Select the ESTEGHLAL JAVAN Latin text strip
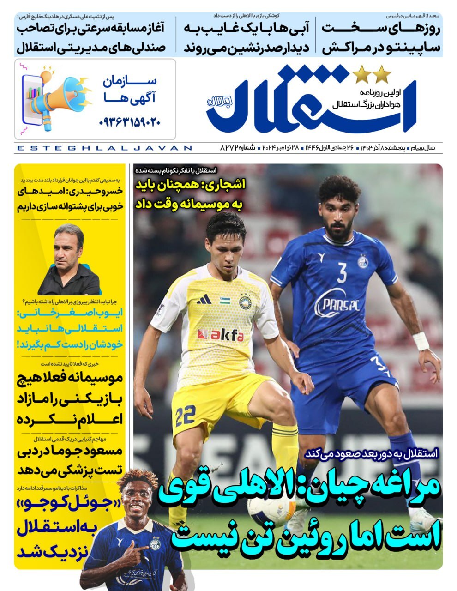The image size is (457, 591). click(x=103, y=148)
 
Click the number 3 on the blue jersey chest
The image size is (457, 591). click(x=342, y=274)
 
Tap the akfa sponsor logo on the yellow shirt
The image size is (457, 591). click(x=220, y=334)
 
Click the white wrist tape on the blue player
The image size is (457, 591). click(x=421, y=341)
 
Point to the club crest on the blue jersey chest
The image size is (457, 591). click(x=363, y=262)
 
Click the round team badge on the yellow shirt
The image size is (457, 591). click(x=244, y=302)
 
